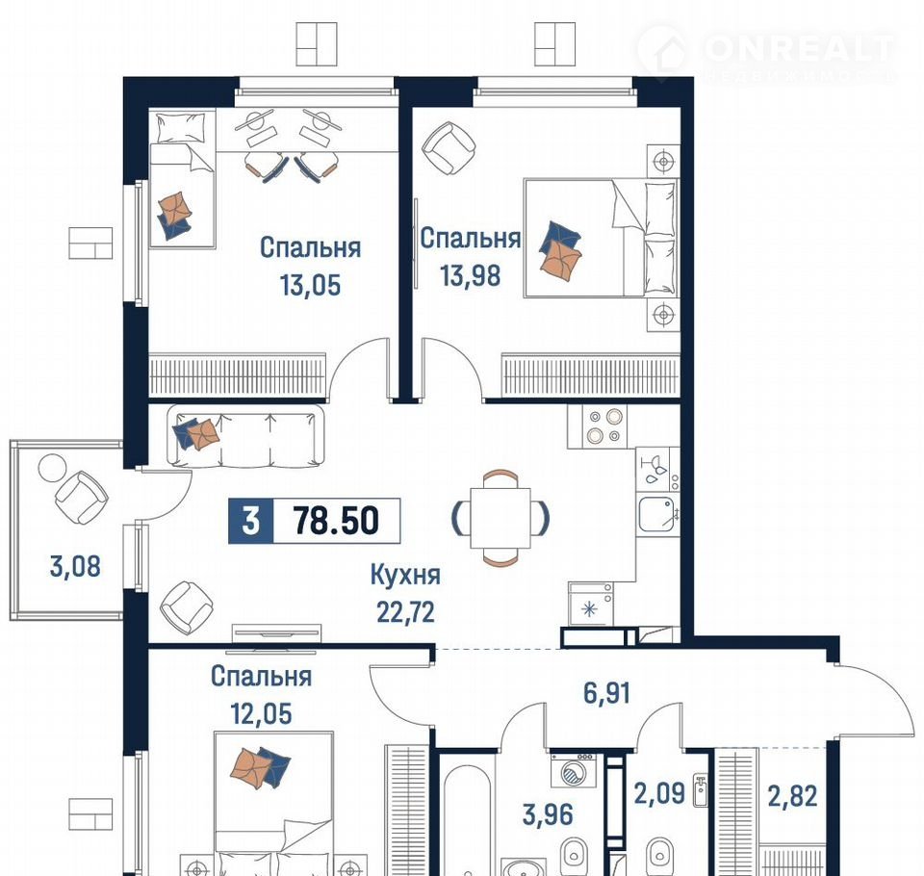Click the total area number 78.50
click(x=336, y=520)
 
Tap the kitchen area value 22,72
click(x=405, y=612)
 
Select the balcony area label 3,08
click(x=75, y=566)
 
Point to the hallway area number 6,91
click(x=606, y=693)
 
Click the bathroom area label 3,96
click(x=548, y=814)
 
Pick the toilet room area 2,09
click(x=659, y=793)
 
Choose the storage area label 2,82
click(x=792, y=796)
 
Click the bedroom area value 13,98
click(x=471, y=275)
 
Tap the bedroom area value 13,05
click(x=311, y=285)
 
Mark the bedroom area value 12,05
click(x=261, y=714)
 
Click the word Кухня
click(x=405, y=575)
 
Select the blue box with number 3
click(x=251, y=521)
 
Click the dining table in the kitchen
click(x=500, y=517)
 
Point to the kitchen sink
click(x=656, y=514)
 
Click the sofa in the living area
click(x=245, y=436)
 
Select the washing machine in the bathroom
click(x=572, y=769)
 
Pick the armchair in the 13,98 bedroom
click(x=449, y=148)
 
